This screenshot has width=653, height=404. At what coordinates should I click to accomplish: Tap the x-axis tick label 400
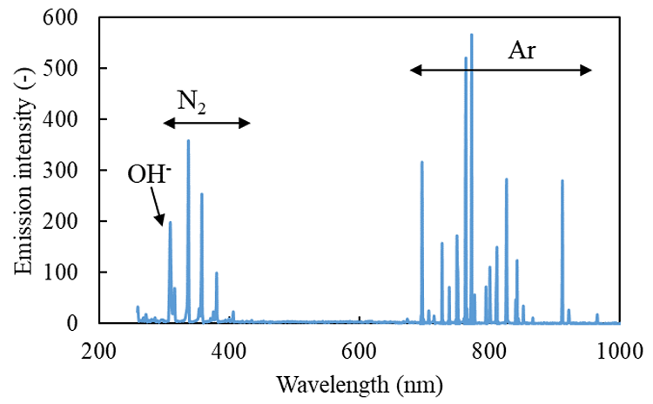229,349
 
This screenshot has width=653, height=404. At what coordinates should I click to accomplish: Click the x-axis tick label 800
489,349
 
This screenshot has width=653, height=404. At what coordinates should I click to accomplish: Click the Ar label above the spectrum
522,50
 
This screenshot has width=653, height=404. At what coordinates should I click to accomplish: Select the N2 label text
192,101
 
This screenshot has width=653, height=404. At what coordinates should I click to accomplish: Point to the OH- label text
149,173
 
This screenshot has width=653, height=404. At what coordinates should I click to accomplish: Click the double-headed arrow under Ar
502,70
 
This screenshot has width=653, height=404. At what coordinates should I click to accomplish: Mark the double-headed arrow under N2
207,124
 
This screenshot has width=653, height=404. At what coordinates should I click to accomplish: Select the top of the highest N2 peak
188,140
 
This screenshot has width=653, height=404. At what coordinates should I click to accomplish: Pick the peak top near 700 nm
422,162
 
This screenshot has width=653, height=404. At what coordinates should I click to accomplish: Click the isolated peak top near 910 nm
562,180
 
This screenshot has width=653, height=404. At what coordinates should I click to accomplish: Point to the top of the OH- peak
170,222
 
